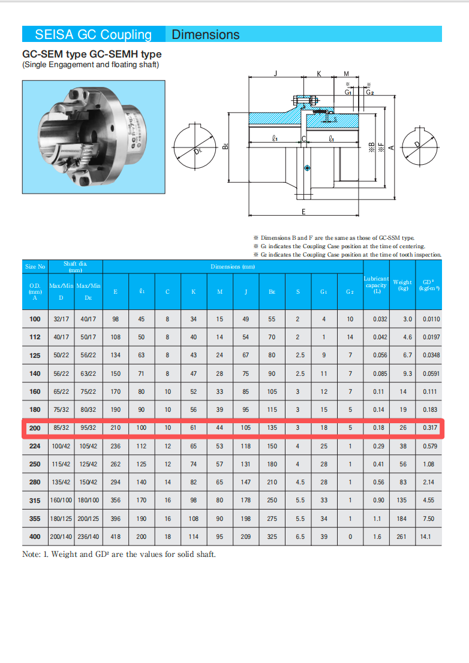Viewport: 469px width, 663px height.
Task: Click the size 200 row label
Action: (35, 428)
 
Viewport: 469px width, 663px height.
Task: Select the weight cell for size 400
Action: (401, 537)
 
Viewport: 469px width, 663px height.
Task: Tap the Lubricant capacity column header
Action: (376, 285)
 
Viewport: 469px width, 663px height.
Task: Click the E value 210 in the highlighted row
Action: (116, 428)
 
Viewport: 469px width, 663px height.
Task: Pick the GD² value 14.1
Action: (425, 537)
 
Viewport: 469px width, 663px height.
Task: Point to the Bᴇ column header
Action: (272, 292)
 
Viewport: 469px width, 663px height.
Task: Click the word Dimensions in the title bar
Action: (206, 34)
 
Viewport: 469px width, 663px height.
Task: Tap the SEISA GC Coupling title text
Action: (93, 34)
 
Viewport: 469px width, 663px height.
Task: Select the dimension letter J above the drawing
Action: (276, 73)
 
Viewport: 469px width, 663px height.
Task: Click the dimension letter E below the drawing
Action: (303, 212)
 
